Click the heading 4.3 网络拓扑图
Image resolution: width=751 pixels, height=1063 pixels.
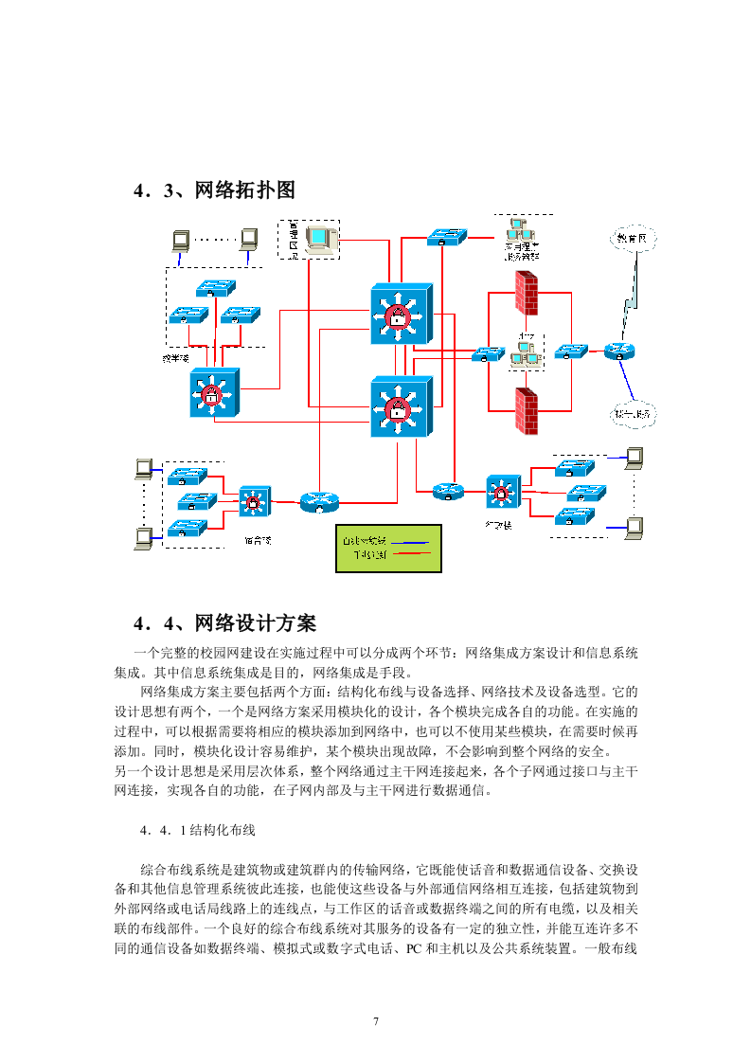215,189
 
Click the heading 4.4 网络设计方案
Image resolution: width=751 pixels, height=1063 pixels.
224,622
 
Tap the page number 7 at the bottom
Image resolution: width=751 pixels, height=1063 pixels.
376,1020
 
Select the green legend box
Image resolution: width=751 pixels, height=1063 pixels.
388,548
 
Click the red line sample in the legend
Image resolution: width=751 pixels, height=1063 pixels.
410,554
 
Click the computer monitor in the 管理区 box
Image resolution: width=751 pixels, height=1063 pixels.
322,238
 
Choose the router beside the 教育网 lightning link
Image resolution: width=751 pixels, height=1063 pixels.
619,351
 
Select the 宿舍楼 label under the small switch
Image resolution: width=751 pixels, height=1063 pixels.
257,540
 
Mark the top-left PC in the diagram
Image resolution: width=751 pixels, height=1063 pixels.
178,240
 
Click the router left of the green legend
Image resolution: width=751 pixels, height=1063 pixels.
317,502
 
